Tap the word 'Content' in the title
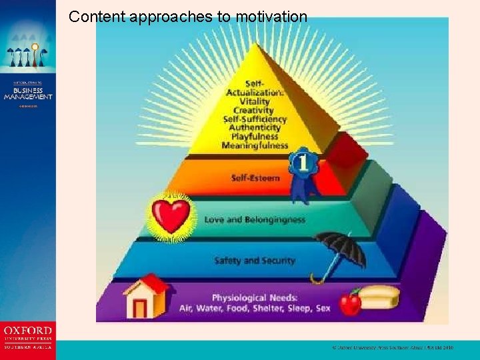[x=93, y=16]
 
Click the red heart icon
[x=171, y=214]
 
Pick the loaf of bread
[x=379, y=296]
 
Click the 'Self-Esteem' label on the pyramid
[x=255, y=178]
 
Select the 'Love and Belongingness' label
[x=255, y=219]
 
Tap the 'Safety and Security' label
[x=255, y=260]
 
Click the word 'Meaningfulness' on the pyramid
[x=255, y=145]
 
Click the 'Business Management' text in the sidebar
[x=27, y=93]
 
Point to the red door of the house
[x=140, y=308]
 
